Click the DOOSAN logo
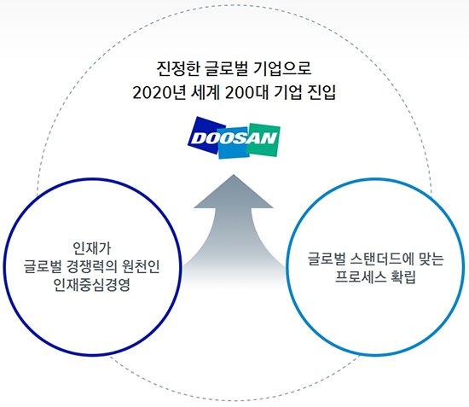(234, 137)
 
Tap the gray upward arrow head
(234, 191)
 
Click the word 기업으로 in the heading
(282, 68)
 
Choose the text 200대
(247, 92)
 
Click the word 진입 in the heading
(321, 92)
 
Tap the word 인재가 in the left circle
(92, 248)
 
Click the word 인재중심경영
(92, 284)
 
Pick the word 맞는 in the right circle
(431, 259)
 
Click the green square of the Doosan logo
(263, 139)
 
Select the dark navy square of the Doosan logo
(206, 136)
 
